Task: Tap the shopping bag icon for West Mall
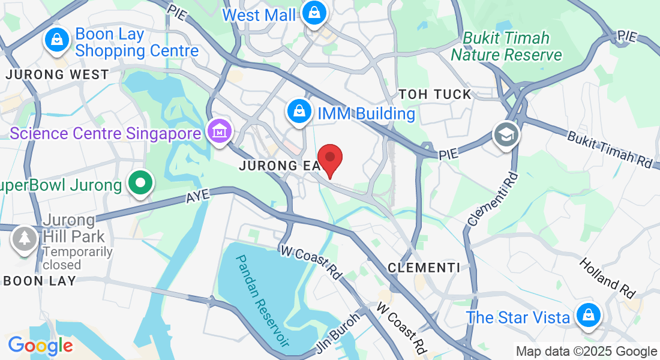[x=313, y=12]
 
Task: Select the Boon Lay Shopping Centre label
[x=137, y=43]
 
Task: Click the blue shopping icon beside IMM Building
[x=298, y=112]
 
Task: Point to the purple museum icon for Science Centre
[x=219, y=131]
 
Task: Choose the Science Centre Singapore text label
[x=105, y=133]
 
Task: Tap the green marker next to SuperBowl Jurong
[x=140, y=184]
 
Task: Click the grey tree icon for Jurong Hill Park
[x=24, y=239]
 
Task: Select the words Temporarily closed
[x=77, y=258]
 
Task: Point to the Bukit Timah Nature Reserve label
[x=506, y=47]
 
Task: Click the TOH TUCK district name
[x=435, y=94]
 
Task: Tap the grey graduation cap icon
[x=506, y=136]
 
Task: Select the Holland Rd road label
[x=607, y=278]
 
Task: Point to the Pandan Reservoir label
[x=263, y=299]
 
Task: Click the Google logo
[x=40, y=346]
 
